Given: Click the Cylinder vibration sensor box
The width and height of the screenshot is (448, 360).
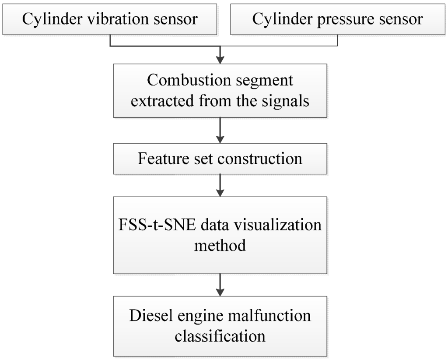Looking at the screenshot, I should coord(111,19).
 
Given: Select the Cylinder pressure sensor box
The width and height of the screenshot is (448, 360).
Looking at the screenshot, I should coord(338,19).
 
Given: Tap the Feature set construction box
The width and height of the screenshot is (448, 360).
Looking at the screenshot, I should coord(220,158).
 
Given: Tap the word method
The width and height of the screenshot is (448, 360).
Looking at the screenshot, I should coord(220,245).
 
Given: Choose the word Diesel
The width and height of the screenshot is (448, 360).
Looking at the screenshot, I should coord(149,316).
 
